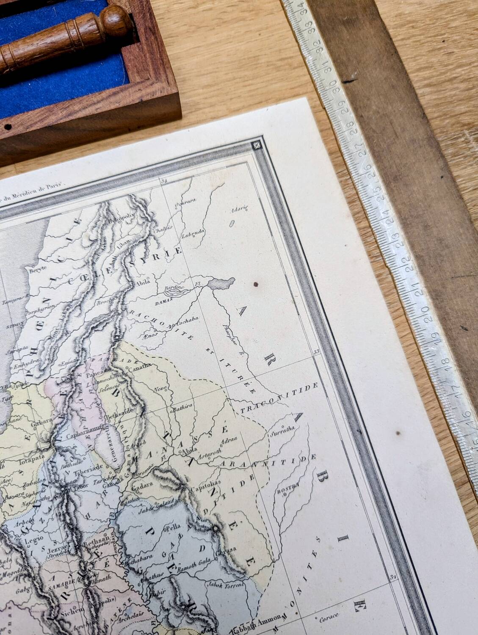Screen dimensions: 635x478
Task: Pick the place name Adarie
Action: click(x=238, y=209)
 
